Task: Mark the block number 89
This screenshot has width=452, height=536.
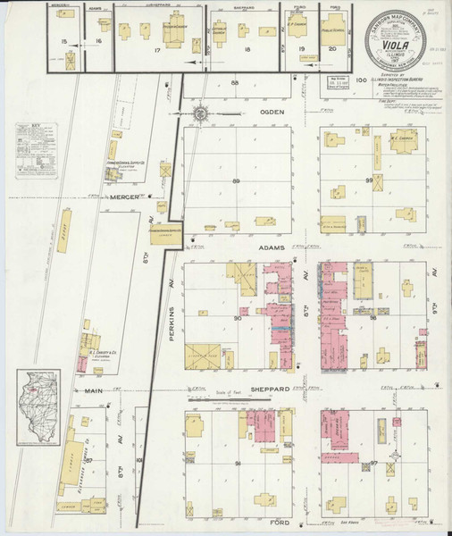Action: (x=237, y=181)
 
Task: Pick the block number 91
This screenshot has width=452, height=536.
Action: (x=237, y=465)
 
